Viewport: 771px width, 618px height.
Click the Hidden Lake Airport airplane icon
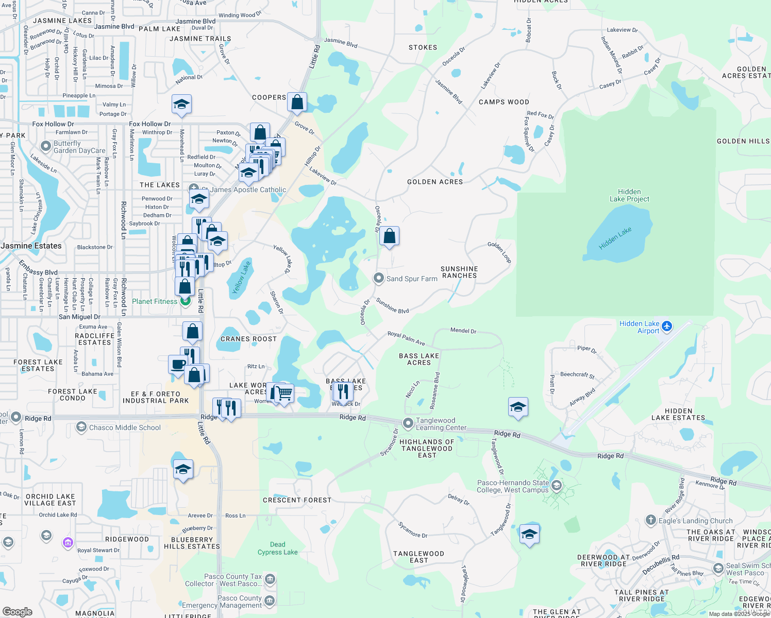click(667, 326)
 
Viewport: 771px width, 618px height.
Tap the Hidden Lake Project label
click(629, 195)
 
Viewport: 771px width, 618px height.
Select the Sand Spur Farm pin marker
click(379, 279)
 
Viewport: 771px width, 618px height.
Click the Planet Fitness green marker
click(185, 301)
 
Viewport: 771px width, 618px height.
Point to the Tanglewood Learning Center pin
click(408, 424)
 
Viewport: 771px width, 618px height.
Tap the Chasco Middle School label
click(125, 427)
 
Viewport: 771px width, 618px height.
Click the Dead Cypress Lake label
click(277, 548)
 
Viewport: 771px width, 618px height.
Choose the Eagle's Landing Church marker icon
click(651, 520)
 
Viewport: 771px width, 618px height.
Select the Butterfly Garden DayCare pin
click(46, 147)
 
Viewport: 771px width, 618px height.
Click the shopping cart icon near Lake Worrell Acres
click(284, 393)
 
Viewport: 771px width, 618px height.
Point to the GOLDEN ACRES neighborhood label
click(435, 182)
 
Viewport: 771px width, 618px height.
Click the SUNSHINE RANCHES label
click(459, 272)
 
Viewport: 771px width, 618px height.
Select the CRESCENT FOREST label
click(297, 500)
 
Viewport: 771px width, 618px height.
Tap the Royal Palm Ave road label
click(406, 338)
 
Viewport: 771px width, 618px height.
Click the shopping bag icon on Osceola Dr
click(390, 236)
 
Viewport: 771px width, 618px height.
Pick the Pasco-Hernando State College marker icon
click(556, 485)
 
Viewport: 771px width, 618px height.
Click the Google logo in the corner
click(18, 611)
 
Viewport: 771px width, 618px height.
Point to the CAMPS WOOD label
click(504, 102)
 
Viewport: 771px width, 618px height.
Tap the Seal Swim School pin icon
click(718, 568)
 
